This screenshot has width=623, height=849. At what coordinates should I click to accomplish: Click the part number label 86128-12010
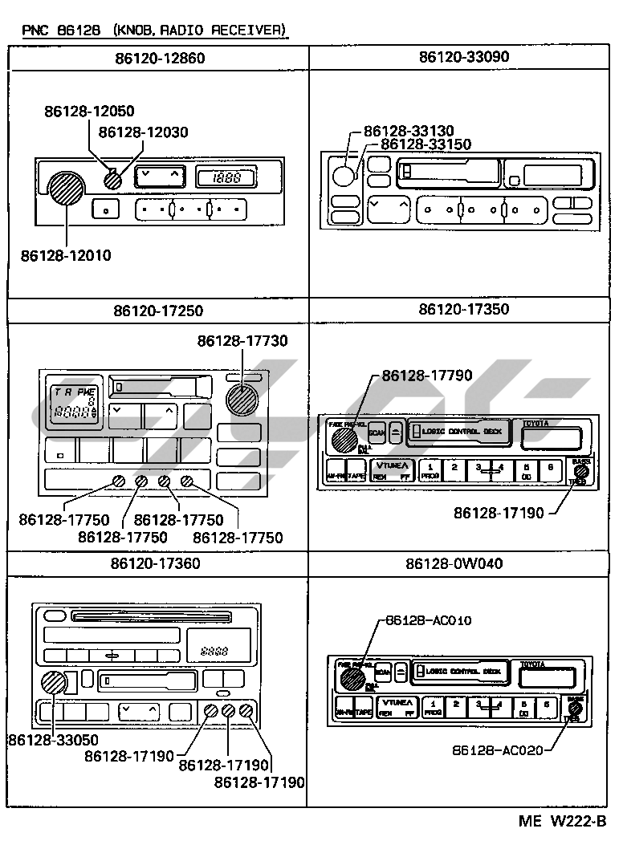pyautogui.click(x=66, y=256)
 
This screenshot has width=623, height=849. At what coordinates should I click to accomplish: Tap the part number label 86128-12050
pyautogui.click(x=89, y=112)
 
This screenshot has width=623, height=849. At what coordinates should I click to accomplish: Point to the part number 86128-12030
pyautogui.click(x=144, y=132)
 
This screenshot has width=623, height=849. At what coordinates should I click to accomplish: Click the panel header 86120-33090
pyautogui.click(x=463, y=58)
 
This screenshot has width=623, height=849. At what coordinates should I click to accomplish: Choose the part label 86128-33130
pyautogui.click(x=409, y=131)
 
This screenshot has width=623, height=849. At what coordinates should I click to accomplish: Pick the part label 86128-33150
pyautogui.click(x=426, y=144)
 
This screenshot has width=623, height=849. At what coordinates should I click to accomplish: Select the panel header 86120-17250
pyautogui.click(x=158, y=311)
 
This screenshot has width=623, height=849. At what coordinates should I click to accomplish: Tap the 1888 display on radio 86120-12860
pyautogui.click(x=226, y=178)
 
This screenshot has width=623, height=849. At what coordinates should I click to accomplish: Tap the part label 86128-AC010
pyautogui.click(x=428, y=620)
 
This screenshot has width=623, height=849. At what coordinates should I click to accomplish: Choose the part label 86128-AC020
pyautogui.click(x=497, y=750)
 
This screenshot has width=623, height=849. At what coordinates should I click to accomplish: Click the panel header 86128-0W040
pyautogui.click(x=454, y=564)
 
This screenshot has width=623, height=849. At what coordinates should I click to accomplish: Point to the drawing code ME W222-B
pyautogui.click(x=562, y=821)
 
